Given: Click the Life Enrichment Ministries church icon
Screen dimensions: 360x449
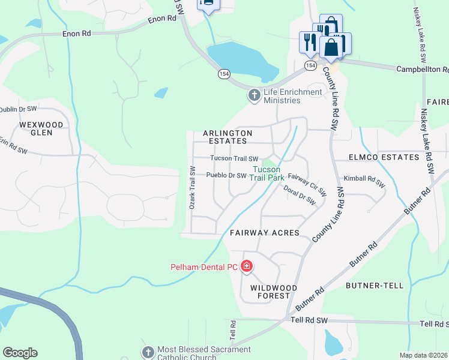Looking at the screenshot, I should [255, 95].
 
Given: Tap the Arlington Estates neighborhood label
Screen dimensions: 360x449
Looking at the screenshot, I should [228, 137].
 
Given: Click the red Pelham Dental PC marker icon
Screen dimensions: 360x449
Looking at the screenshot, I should [247, 266].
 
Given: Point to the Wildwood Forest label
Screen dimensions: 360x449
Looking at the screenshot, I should [269, 292].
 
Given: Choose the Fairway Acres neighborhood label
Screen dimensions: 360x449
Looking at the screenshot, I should [264, 233].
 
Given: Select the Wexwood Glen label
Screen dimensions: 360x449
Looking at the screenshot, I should [41, 128].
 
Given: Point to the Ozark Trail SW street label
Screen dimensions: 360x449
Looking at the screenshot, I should [193, 187].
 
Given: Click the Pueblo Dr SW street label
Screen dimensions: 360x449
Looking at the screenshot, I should [226, 176].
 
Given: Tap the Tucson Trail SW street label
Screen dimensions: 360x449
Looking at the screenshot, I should [234, 158].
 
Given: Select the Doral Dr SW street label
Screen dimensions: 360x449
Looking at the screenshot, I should [300, 195].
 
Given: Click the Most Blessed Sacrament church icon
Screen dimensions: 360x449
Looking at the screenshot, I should [148, 351].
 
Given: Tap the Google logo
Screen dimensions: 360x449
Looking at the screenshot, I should [20, 353].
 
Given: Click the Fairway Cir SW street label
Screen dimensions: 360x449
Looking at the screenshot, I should [307, 185].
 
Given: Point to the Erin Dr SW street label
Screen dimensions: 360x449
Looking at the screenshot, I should [13, 149].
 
